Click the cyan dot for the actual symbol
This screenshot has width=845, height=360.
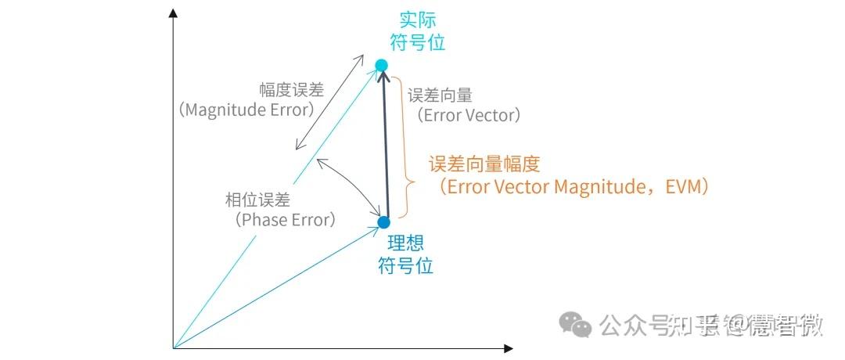pyautogui.click(x=381, y=65)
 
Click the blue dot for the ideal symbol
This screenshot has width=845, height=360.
pyautogui.click(x=383, y=222)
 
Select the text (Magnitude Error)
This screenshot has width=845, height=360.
pyautogui.click(x=246, y=110)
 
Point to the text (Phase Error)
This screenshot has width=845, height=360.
pyautogui.click(x=285, y=220)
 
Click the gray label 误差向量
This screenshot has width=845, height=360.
pyautogui.click(x=440, y=95)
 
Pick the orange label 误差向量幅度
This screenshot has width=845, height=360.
pyautogui.click(x=484, y=164)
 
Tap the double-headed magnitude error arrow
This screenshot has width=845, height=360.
pyautogui.click(x=329, y=102)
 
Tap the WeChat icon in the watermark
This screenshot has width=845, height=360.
pyautogui.click(x=580, y=323)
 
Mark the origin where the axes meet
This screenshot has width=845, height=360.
pyautogui.click(x=173, y=347)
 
